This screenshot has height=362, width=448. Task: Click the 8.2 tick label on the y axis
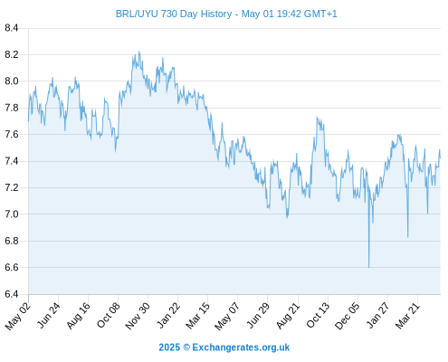(x=12, y=54)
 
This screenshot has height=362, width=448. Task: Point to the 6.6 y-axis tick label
(x=12, y=268)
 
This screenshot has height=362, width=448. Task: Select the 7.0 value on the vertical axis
(x=12, y=214)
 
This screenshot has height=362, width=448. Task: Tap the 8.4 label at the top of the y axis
(x=12, y=28)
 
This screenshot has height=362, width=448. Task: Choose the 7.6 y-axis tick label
(x=12, y=134)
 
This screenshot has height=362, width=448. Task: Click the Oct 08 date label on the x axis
(x=109, y=315)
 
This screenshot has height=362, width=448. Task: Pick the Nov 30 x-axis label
(x=138, y=316)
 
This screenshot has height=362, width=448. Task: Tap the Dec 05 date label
(x=348, y=316)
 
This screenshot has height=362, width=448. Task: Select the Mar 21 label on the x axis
(x=408, y=315)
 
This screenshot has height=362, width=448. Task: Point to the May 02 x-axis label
(x=18, y=316)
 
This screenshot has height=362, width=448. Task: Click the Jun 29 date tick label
(x=257, y=315)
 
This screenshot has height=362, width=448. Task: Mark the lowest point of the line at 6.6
(x=368, y=267)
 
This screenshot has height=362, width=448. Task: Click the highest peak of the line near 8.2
(x=138, y=52)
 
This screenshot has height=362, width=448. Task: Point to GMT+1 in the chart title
(x=320, y=14)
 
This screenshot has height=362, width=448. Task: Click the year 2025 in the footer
(x=169, y=348)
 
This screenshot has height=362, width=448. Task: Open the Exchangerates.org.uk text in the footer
(x=241, y=348)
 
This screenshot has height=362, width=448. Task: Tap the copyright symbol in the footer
(x=186, y=348)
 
